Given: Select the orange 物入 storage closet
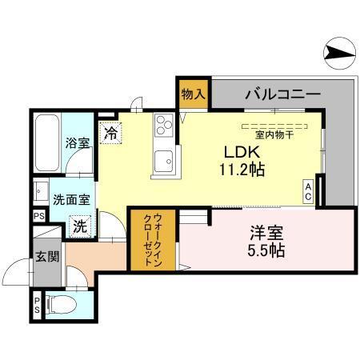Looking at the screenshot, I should [x=193, y=94].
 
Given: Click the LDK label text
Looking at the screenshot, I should [x=237, y=151].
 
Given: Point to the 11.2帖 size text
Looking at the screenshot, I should [x=238, y=170].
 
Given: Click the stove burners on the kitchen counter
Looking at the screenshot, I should [x=164, y=124].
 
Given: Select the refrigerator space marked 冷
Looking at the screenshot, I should [x=110, y=132].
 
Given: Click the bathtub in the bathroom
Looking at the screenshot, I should [x=46, y=142].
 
